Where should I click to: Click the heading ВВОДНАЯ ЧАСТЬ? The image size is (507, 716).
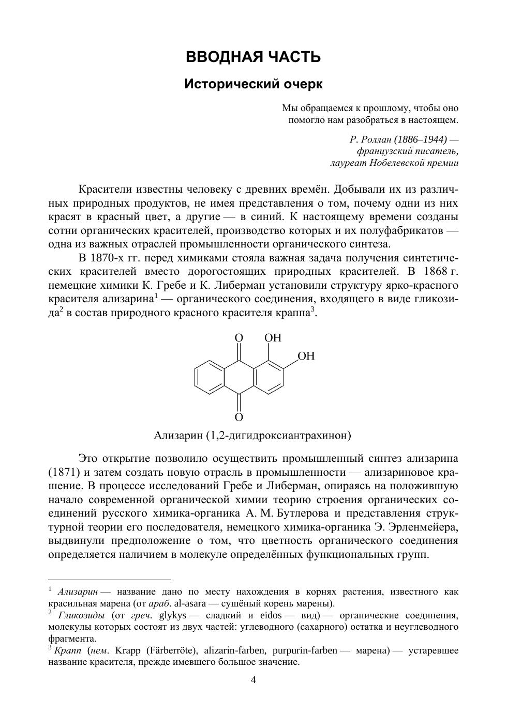(x=253, y=57)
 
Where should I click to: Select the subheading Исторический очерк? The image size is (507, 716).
(x=253, y=84)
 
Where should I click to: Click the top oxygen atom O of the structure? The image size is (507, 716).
(x=238, y=338)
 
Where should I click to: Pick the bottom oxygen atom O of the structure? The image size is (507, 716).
(x=238, y=416)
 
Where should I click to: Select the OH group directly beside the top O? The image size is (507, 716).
(x=273, y=338)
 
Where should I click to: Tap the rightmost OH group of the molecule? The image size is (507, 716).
(x=306, y=356)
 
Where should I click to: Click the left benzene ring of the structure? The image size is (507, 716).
(x=209, y=377)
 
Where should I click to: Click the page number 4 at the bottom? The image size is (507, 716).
(x=253, y=679)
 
